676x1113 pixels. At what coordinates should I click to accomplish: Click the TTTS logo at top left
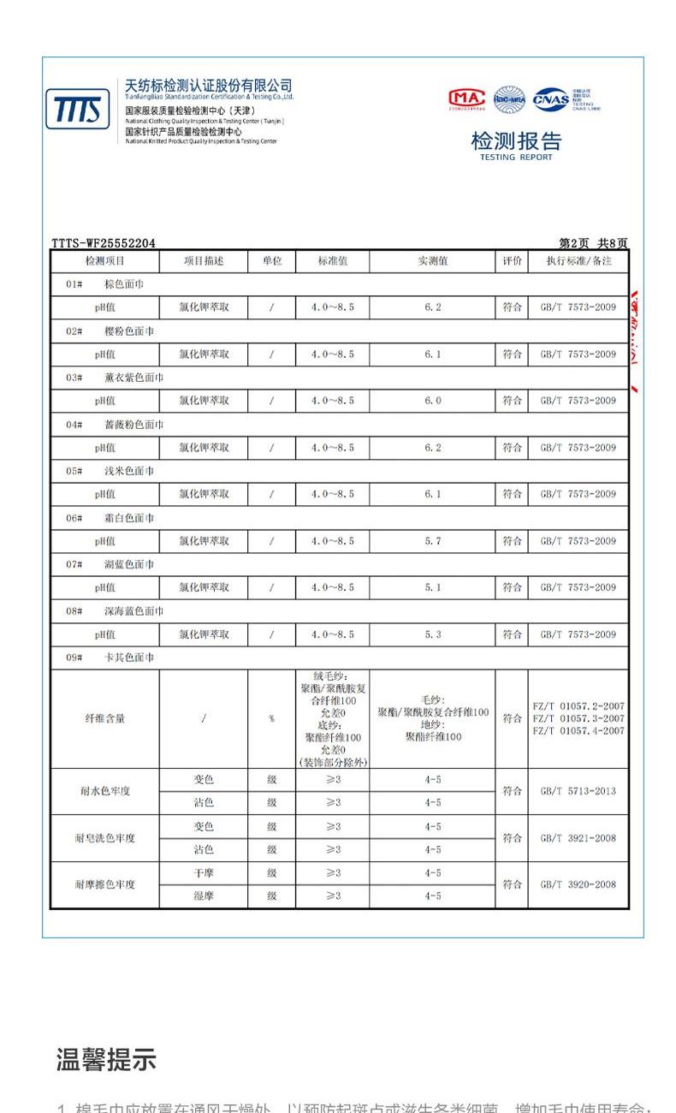click(x=77, y=110)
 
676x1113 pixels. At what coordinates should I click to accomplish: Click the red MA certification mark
click(x=466, y=99)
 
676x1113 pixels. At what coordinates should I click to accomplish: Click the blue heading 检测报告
click(x=516, y=141)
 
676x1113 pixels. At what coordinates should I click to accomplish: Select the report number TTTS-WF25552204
click(x=104, y=243)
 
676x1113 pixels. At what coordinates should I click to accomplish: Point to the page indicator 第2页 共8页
click(x=593, y=243)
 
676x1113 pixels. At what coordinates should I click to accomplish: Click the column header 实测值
click(x=432, y=261)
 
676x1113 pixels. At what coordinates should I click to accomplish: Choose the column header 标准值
click(x=332, y=261)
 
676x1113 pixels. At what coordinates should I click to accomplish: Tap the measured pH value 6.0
click(x=432, y=401)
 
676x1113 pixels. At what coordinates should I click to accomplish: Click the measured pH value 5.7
click(x=432, y=541)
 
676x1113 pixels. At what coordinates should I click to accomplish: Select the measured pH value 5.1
click(x=432, y=587)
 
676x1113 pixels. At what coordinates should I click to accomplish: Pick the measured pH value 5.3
click(x=432, y=634)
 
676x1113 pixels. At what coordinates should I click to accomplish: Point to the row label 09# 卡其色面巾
click(x=110, y=658)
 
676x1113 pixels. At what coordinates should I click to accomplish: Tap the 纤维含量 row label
click(x=104, y=719)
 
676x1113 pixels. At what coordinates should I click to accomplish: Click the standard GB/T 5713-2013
click(x=578, y=791)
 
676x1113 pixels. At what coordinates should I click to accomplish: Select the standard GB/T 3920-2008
click(x=578, y=884)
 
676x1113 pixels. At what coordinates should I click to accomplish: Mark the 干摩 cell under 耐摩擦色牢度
click(x=203, y=872)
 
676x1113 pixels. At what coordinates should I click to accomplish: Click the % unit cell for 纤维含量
click(x=271, y=719)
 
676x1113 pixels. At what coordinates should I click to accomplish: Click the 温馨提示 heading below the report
click(x=106, y=1060)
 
